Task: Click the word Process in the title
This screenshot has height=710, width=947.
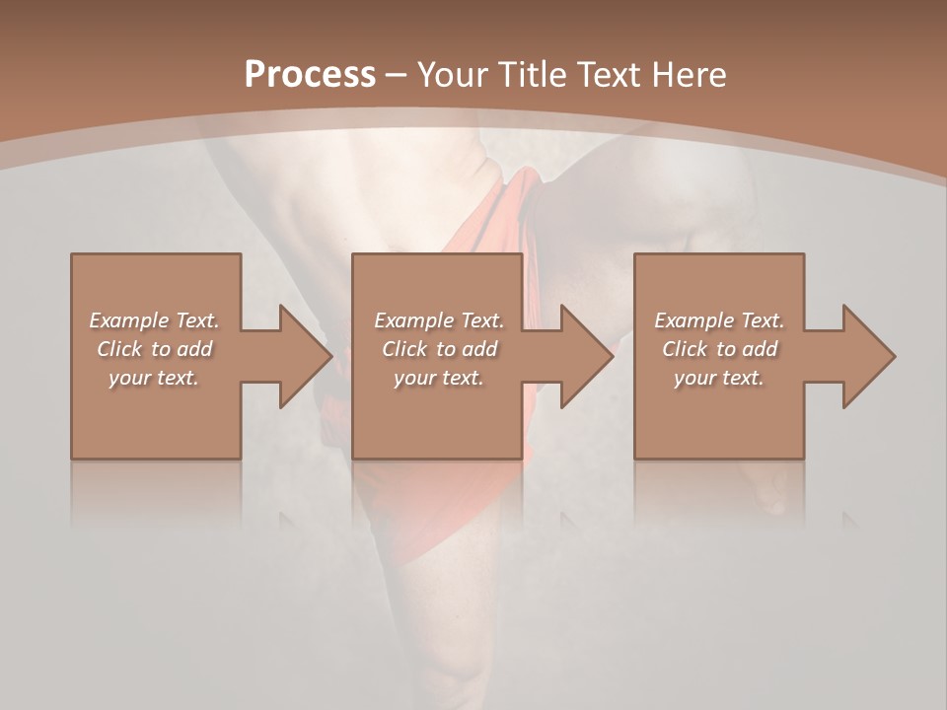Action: (310, 75)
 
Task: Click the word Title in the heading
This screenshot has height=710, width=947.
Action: (533, 75)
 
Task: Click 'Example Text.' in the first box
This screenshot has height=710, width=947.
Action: (154, 320)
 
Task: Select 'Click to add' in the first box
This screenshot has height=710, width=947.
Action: (154, 349)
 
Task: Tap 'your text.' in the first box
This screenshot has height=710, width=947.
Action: (154, 378)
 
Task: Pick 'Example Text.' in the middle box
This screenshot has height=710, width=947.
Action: (439, 320)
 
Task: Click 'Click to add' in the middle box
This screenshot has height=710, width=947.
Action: (439, 349)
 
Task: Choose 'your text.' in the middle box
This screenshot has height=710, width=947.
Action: (439, 378)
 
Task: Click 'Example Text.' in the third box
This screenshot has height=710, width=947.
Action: (719, 320)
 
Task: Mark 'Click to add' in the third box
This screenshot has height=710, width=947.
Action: (719, 349)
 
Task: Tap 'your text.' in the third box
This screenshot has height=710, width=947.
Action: (719, 378)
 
